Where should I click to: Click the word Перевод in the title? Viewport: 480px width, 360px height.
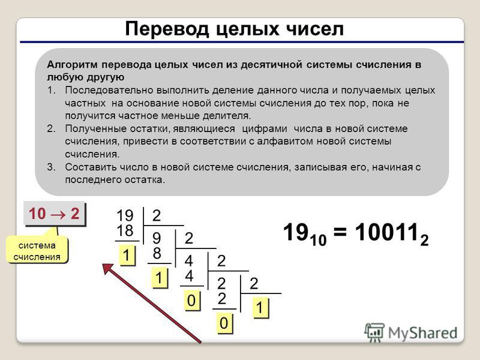[x=167, y=29]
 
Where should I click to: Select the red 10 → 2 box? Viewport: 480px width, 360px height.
[x=55, y=214]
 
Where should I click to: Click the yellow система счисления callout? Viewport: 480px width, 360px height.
[x=37, y=251]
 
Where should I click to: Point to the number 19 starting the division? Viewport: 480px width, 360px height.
[x=125, y=215]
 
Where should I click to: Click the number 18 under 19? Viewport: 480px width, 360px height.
[x=125, y=230]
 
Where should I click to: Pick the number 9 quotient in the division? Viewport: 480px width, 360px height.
[x=157, y=238]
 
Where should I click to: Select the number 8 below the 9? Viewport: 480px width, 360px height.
[x=157, y=253]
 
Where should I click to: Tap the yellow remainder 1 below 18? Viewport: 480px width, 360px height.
[x=127, y=256]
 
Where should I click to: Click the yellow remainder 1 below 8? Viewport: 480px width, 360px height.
[x=159, y=278]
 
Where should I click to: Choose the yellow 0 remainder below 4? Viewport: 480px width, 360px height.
[x=191, y=301]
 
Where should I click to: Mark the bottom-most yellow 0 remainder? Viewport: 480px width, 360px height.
[x=224, y=323]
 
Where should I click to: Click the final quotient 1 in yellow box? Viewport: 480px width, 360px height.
[x=260, y=308]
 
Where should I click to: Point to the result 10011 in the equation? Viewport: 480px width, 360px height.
[x=386, y=232]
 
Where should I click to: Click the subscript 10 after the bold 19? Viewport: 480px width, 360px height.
[x=319, y=239]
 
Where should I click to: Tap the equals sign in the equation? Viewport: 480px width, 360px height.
[x=340, y=232]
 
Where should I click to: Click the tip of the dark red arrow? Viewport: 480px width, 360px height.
[x=103, y=265]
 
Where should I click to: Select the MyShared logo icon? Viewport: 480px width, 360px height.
[x=374, y=332]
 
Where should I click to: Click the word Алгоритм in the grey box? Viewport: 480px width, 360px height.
[x=72, y=65]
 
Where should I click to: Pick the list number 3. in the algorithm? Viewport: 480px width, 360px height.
[x=51, y=167]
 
